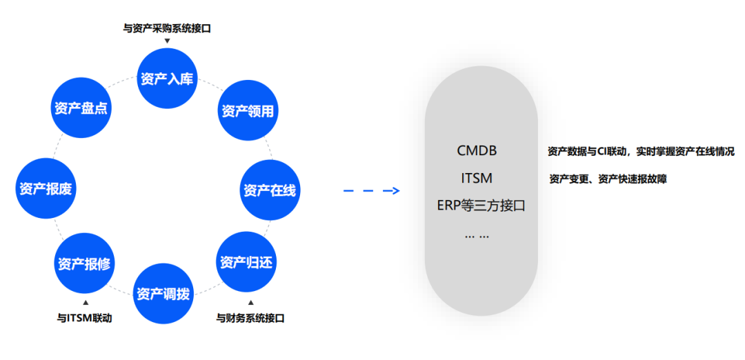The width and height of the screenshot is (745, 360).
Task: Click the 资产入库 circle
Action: point(167,78)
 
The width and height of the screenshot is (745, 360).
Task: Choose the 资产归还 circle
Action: point(246,262)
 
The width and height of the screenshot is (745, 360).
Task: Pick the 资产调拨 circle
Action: point(163,293)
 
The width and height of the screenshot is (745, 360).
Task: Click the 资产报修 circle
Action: point(84,263)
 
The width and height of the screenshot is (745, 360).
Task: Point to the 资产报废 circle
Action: point(46,188)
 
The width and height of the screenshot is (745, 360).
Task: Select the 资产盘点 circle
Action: point(81,108)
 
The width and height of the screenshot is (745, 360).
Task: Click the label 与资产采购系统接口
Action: point(167,28)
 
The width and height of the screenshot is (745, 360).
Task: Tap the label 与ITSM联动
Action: point(84,318)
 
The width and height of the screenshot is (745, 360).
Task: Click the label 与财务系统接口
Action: point(250,318)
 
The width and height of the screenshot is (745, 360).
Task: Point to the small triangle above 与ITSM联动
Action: point(85,303)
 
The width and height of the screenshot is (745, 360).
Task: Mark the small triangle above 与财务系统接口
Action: point(250,303)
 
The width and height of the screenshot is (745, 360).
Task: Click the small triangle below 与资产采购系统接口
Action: point(167,41)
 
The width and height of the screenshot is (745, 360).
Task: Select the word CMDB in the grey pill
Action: point(477,150)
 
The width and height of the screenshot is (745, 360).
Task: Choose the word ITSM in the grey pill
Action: point(477,178)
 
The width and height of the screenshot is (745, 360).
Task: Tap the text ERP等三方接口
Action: point(481,206)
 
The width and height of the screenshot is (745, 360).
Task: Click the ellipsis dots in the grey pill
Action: point(477,234)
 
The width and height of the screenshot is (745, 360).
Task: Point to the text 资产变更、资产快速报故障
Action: point(608,179)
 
